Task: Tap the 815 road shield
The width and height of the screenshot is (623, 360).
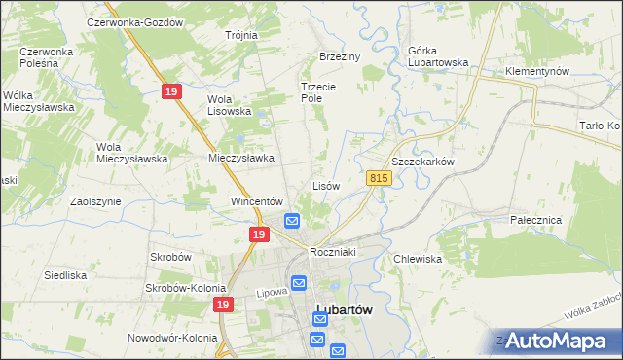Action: point(380,178)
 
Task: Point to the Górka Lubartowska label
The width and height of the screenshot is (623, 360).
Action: point(424,62)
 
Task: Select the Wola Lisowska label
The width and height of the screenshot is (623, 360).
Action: point(230,105)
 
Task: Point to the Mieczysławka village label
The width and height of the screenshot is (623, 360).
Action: point(241,157)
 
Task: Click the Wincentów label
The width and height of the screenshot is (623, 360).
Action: point(256,201)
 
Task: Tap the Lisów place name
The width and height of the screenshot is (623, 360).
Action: point(325,185)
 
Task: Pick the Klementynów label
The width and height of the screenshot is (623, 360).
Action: point(536,72)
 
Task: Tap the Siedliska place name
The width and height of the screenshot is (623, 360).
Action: point(66,275)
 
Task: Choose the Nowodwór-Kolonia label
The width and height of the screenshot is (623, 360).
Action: point(172,338)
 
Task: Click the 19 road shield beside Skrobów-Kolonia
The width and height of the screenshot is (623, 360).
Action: point(224,305)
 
